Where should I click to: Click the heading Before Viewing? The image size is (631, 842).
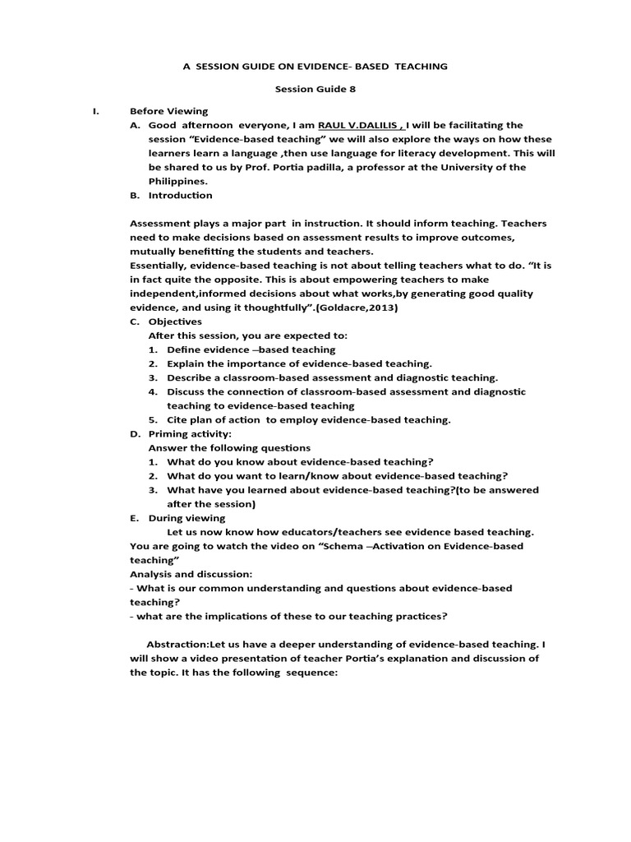[168, 111]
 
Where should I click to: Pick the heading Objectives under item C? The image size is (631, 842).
[175, 322]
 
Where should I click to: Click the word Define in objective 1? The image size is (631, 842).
[184, 349]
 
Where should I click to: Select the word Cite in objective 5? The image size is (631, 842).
[177, 419]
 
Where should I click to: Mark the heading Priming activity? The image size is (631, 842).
[190, 433]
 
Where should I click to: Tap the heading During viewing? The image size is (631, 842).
[187, 518]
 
